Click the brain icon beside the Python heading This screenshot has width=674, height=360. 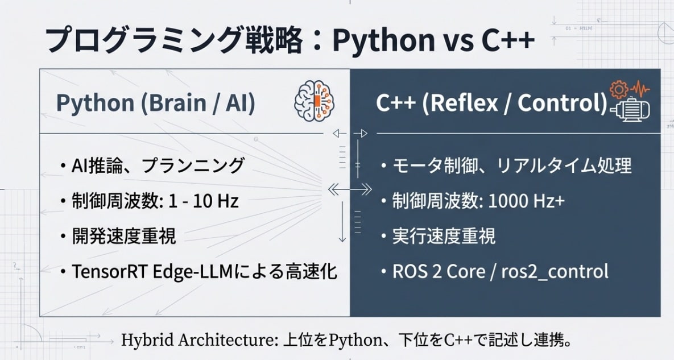314,101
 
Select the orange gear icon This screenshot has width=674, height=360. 619,89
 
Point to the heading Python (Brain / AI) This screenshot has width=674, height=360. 156,103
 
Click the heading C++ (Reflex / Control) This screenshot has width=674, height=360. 492,103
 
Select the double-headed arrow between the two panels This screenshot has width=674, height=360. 350,189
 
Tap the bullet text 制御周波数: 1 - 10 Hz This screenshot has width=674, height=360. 155,201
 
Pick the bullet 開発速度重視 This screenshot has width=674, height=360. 124,236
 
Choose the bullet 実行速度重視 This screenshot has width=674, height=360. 444,236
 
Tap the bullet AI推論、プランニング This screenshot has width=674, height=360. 158,165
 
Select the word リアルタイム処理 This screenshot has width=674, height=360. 564,165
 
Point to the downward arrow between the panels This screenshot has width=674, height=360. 342,222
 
